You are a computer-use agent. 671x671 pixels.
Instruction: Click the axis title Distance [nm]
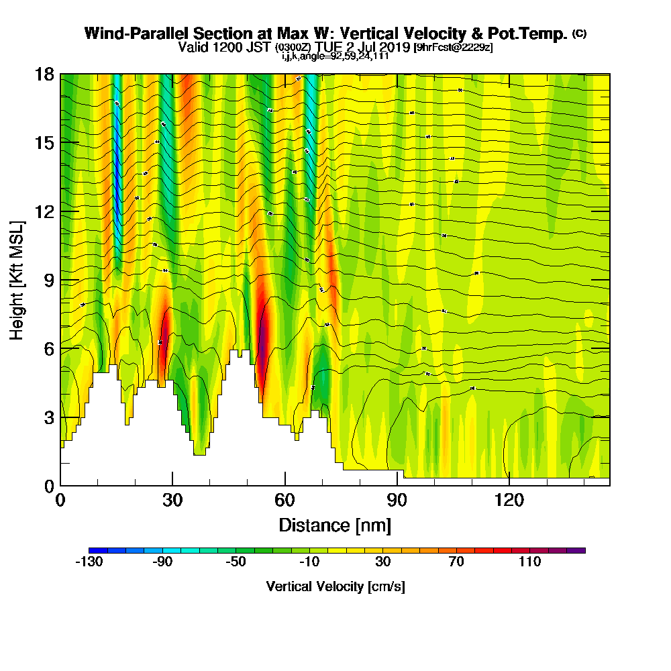(x=335, y=524)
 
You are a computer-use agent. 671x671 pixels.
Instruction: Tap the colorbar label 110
(x=529, y=562)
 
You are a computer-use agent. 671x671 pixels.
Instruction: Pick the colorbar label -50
(x=236, y=562)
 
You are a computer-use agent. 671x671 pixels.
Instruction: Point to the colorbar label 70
(x=456, y=562)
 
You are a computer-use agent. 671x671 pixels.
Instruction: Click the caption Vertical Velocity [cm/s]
(x=335, y=586)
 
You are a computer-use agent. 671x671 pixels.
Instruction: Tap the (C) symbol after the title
(x=579, y=34)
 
